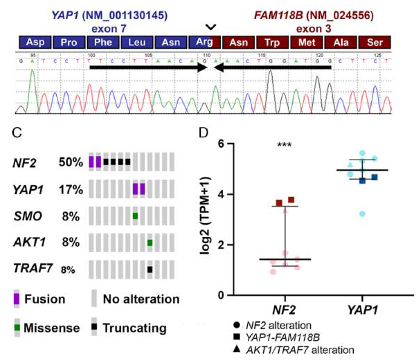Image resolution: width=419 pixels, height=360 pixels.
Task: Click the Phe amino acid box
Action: [102, 42]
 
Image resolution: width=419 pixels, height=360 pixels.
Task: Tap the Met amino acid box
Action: [307, 42]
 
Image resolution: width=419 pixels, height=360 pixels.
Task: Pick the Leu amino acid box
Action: [136, 42]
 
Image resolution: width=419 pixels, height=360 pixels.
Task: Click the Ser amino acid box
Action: [375, 42]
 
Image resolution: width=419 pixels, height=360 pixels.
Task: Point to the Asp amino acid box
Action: [35, 42]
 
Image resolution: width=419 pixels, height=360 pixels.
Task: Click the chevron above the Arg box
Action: [209, 27]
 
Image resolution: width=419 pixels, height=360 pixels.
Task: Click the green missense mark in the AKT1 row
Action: [150, 243]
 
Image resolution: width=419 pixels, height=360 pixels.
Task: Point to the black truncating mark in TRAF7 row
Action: [150, 270]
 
